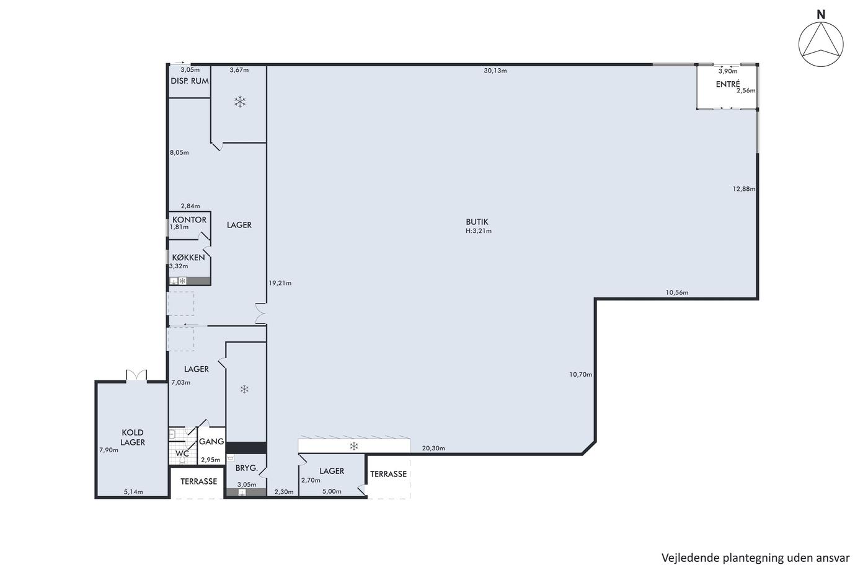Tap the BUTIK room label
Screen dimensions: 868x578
click(477, 222)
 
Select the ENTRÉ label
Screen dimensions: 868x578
click(728, 84)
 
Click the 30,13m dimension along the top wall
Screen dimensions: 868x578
click(495, 71)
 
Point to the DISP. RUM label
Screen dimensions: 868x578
click(190, 81)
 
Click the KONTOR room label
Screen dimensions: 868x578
click(189, 219)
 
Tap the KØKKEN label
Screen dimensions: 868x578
click(188, 258)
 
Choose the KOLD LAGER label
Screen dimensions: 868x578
click(133, 437)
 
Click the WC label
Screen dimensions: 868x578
click(182, 453)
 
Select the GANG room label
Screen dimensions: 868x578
click(211, 441)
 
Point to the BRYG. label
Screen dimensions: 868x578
click(247, 468)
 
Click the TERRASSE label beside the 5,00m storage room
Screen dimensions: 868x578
click(388, 474)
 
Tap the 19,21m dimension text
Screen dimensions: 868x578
click(280, 283)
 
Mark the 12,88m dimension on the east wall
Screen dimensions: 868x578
click(744, 189)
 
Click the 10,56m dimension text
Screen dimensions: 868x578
click(677, 292)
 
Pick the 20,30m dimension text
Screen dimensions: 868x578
click(433, 449)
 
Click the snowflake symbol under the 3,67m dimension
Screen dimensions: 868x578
click(240, 102)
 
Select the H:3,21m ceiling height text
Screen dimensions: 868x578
click(479, 231)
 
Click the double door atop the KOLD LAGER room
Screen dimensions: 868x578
click(136, 375)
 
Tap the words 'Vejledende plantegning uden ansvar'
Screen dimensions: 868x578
click(755, 558)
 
